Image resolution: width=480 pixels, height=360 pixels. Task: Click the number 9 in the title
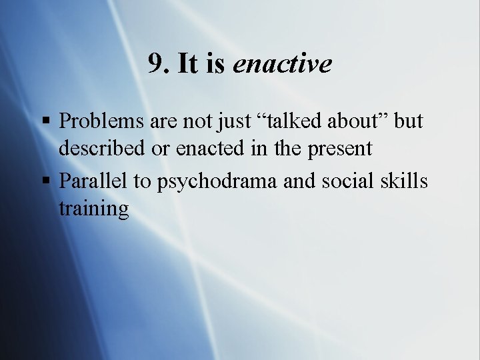[157, 64]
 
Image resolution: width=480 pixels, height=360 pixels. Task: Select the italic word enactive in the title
[282, 64]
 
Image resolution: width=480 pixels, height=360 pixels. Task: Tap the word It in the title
[188, 64]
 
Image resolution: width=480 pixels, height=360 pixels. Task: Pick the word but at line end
[409, 121]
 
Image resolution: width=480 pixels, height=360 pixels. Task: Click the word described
[102, 148]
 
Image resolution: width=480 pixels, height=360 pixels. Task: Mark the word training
[93, 209]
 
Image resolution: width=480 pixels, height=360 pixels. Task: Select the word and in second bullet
[298, 181]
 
